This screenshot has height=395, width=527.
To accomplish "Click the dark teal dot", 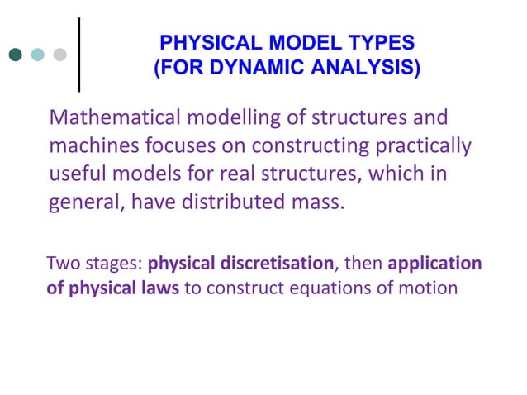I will [x=15, y=55].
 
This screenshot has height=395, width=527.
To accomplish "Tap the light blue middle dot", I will [x=37, y=55].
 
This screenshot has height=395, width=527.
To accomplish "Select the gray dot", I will [x=59, y=55].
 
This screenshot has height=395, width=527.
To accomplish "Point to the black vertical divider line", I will [x=79, y=54].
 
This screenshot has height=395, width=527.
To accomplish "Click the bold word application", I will [x=434, y=264].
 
